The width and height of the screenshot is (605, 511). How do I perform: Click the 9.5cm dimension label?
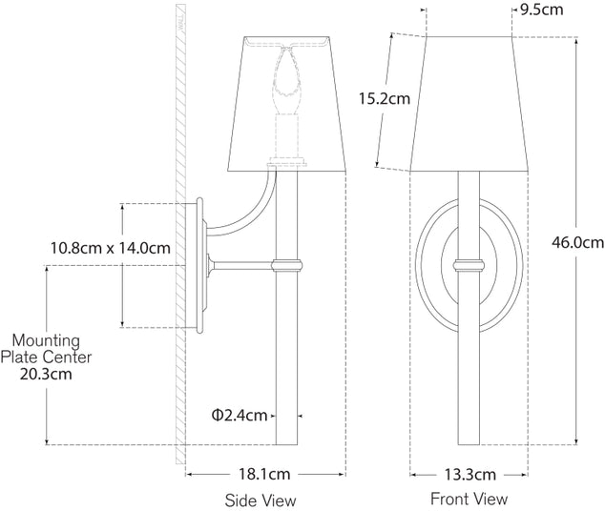coord(542,10)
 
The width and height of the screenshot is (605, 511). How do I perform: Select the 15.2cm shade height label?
coord(385,98)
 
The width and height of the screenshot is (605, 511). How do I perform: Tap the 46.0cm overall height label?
coord(577,242)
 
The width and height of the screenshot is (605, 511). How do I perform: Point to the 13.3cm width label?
coord(469,475)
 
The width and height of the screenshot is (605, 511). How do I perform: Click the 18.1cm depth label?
coord(264,474)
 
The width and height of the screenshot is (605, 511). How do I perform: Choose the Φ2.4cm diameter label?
coord(240,415)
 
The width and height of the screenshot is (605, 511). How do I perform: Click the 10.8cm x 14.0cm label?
coord(111,248)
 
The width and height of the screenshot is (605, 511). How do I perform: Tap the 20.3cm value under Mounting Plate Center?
coord(46,374)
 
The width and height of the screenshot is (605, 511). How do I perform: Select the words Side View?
coord(261,501)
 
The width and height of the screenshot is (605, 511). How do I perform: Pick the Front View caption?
coord(469,499)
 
